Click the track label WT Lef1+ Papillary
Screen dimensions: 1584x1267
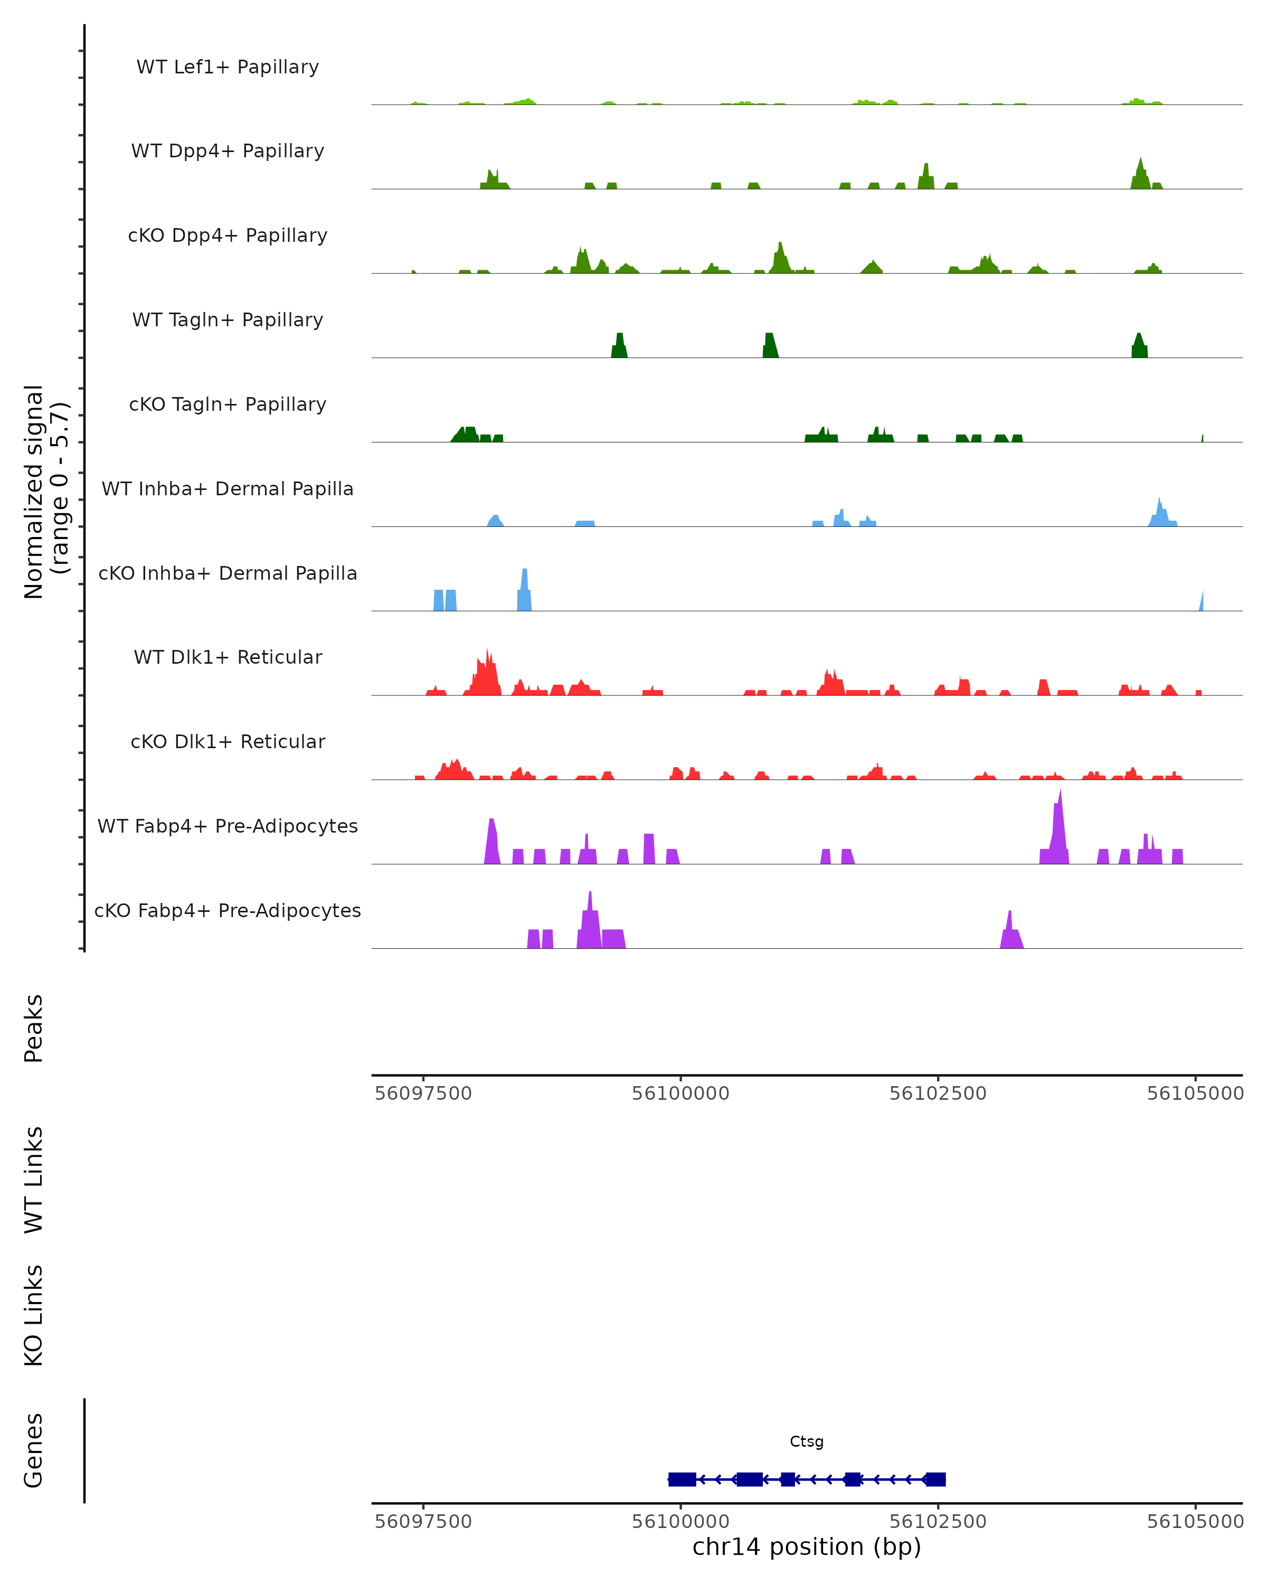click(228, 67)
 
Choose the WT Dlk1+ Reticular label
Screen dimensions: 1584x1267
click(228, 657)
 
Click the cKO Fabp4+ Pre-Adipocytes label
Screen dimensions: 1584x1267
click(228, 910)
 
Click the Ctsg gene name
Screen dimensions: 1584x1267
click(807, 1441)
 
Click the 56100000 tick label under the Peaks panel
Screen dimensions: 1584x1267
click(681, 1093)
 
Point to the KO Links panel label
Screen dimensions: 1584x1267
click(34, 1315)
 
